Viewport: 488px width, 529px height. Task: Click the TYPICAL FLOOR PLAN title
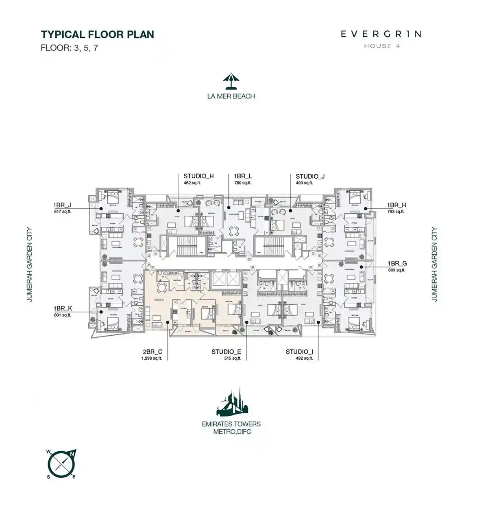pos(98,35)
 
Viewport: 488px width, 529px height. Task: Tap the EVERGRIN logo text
pos(381,34)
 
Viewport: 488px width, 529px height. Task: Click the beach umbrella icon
pos(231,81)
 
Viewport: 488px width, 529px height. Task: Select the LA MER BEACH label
pos(231,96)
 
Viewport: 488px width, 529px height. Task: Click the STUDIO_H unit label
pos(198,176)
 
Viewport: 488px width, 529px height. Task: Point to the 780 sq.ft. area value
pos(243,183)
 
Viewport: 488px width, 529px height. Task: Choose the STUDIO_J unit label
pos(310,176)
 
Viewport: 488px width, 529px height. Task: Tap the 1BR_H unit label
pos(396,205)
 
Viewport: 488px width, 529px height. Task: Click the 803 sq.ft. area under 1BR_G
pos(396,270)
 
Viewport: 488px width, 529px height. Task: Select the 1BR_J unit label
pos(62,205)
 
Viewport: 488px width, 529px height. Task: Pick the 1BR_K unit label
pos(63,308)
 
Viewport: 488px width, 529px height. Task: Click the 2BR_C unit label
pos(152,352)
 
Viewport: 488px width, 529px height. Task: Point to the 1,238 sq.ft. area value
pos(152,358)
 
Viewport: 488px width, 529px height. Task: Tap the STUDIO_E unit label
pos(226,352)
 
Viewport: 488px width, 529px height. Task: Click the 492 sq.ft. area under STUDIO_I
pos(305,358)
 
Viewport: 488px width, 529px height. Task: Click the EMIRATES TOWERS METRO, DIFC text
pos(231,428)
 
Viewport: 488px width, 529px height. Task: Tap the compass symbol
pos(61,464)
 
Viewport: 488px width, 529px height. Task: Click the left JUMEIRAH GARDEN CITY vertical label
pos(29,264)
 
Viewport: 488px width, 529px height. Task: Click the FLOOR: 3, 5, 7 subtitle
pos(69,48)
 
